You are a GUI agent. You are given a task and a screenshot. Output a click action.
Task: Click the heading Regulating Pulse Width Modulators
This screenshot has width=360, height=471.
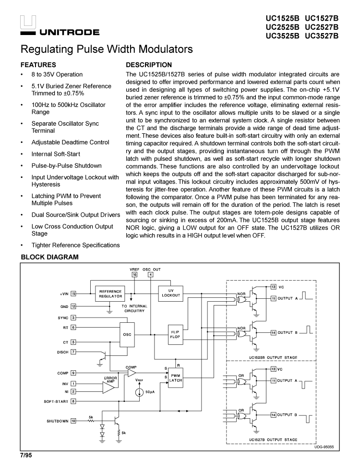click(107, 49)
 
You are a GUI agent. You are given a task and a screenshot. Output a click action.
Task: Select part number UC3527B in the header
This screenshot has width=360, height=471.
click(322, 35)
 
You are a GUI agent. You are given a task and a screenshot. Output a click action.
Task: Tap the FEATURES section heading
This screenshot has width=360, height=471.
click(38, 65)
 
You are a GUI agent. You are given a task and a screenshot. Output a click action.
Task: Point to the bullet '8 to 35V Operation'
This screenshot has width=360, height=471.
click(57, 74)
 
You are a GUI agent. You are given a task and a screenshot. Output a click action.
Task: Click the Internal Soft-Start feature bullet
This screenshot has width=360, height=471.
click(56, 154)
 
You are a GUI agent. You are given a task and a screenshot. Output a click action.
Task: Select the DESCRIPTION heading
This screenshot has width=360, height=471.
click(148, 65)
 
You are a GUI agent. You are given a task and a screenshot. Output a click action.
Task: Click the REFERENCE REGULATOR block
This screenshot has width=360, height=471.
click(110, 294)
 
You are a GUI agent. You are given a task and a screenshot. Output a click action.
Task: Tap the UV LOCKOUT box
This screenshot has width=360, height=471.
click(171, 293)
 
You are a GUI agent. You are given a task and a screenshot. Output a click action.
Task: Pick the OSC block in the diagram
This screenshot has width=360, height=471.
click(127, 334)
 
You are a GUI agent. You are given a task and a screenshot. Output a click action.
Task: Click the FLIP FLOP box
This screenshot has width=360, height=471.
click(174, 334)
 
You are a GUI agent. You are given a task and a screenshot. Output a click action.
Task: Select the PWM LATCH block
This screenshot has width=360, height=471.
click(175, 377)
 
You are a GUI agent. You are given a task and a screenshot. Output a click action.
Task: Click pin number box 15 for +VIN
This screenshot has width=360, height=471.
click(73, 293)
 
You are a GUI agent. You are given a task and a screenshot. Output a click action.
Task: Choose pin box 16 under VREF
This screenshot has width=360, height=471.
click(134, 275)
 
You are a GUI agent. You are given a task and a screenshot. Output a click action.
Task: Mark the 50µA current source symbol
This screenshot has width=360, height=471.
click(139, 392)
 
